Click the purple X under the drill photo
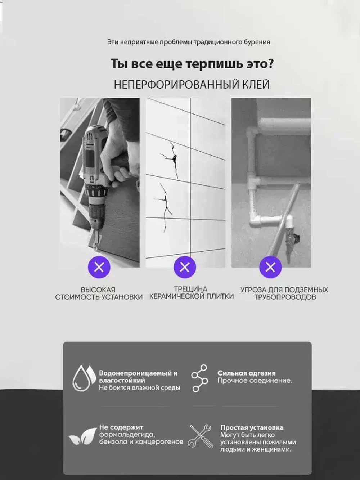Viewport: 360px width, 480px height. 99,267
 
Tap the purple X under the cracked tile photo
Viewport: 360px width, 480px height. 185,267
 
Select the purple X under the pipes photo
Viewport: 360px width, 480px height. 270,267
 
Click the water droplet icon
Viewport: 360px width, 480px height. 84,378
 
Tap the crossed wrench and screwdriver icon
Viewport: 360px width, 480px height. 201,436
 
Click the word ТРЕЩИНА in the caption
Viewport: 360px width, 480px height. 190,289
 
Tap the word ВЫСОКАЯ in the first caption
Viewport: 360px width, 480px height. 98,290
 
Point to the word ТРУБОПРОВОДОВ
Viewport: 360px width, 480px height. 285,297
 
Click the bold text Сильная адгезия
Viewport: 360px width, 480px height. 246,373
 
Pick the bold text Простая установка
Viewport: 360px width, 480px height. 252,427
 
